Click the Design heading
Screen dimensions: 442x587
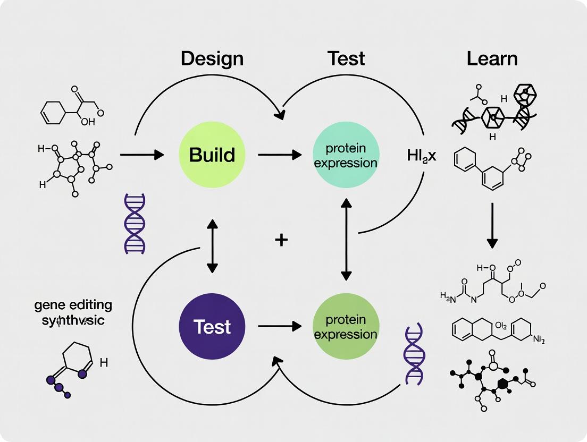[x=212, y=58]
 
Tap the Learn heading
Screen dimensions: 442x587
[x=492, y=58]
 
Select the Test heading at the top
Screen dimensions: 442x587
[x=346, y=58]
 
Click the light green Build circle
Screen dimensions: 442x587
[x=212, y=155]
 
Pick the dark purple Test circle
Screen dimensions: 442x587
[x=212, y=327]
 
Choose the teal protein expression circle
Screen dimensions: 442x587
[x=346, y=155]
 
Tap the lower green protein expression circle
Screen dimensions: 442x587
[x=346, y=327]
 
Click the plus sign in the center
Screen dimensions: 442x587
[x=281, y=240]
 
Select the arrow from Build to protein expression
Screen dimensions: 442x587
[x=279, y=155]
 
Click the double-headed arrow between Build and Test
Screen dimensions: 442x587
[x=212, y=245]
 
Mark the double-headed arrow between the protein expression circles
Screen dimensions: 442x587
[x=346, y=239]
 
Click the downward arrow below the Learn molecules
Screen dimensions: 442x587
[x=492, y=225]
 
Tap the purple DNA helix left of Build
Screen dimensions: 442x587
[x=135, y=223]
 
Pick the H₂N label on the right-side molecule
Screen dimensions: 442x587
[x=448, y=295]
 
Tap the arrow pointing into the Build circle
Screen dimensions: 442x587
[x=142, y=155]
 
